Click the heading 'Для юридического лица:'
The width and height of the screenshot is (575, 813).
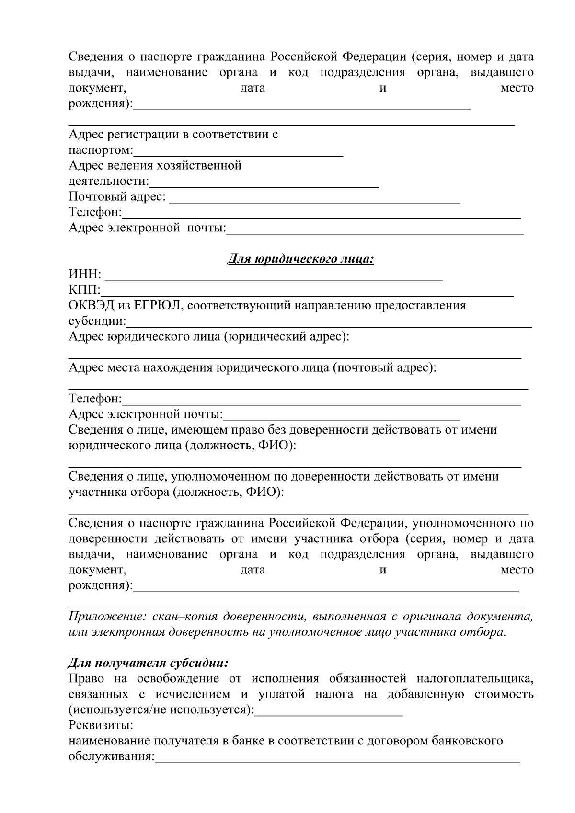pos(300,259)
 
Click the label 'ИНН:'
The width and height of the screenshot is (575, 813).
pos(85,275)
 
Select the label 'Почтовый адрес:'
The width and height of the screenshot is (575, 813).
pos(117,196)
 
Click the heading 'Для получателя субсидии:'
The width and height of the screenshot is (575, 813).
pos(148,663)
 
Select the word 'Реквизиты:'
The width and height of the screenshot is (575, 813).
pos(101,725)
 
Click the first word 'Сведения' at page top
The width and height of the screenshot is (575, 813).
pos(97,57)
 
